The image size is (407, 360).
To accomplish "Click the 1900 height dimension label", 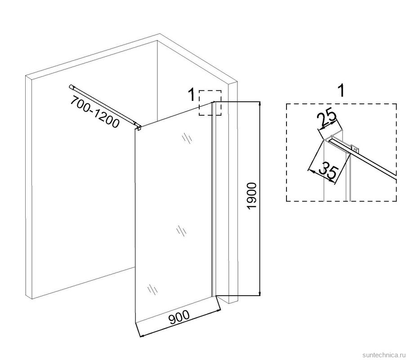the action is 252,196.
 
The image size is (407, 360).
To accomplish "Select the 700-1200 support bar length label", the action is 95,112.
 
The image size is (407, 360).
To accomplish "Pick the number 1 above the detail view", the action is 342,91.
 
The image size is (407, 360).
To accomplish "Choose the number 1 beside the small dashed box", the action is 191,94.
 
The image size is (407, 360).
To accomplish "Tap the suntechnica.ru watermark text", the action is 383,355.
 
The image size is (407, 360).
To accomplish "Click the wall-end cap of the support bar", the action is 72,87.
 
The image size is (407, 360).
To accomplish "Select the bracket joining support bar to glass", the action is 139,127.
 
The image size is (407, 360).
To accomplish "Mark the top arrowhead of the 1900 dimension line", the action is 260,103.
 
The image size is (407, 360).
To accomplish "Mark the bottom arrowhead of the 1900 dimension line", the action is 260,293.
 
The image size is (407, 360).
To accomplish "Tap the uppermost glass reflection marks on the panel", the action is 187,138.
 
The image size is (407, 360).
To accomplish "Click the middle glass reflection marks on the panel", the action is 181,231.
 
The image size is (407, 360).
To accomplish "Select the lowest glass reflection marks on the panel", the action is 152,290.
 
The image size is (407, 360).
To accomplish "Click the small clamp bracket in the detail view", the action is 355,148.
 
